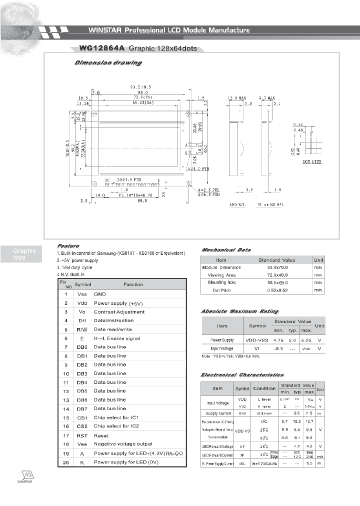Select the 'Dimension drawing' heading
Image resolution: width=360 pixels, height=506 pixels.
click(107, 63)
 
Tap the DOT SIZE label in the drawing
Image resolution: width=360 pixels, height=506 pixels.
click(313, 162)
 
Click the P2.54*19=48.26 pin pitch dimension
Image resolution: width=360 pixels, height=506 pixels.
click(132, 196)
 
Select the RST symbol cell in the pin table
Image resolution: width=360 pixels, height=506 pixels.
click(82, 435)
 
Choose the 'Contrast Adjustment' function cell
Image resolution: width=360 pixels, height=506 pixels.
click(119, 311)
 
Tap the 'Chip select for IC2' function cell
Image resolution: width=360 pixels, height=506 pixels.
click(116, 426)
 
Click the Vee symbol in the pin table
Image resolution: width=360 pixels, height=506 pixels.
click(82, 443)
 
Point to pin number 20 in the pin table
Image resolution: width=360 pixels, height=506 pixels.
click(65, 461)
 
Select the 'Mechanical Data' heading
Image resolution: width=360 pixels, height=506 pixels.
click(225, 250)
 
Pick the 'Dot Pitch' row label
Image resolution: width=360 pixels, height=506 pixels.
click(221, 290)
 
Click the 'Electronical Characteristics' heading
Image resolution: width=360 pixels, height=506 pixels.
click(242, 374)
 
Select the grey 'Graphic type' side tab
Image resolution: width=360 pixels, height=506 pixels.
click(24, 254)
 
